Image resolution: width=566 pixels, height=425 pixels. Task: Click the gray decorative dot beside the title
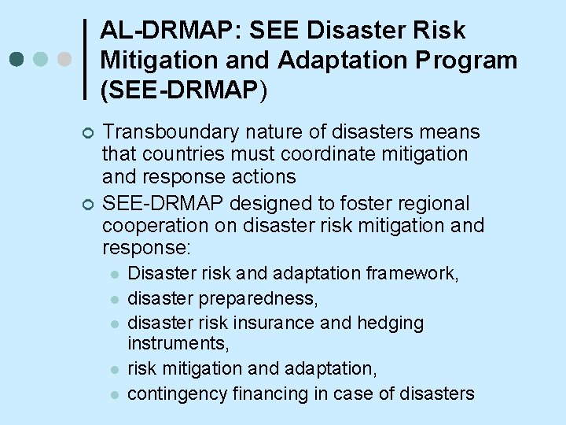65,60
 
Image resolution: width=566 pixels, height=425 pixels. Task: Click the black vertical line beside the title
86,60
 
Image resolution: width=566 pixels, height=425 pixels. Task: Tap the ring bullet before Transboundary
86,132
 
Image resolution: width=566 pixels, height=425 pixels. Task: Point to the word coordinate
336,153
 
